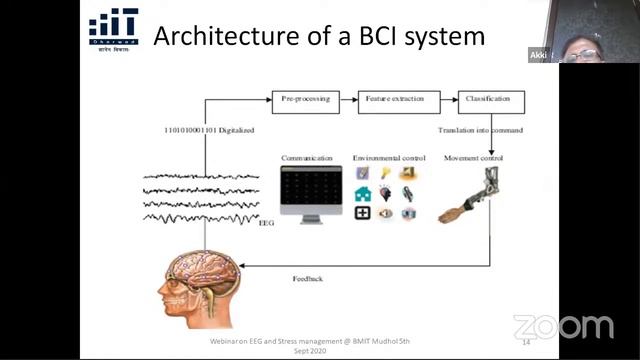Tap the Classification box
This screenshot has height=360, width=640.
coord(491,100)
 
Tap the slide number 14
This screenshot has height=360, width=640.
coord(527,342)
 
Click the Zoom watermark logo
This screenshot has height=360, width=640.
coord(563,326)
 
